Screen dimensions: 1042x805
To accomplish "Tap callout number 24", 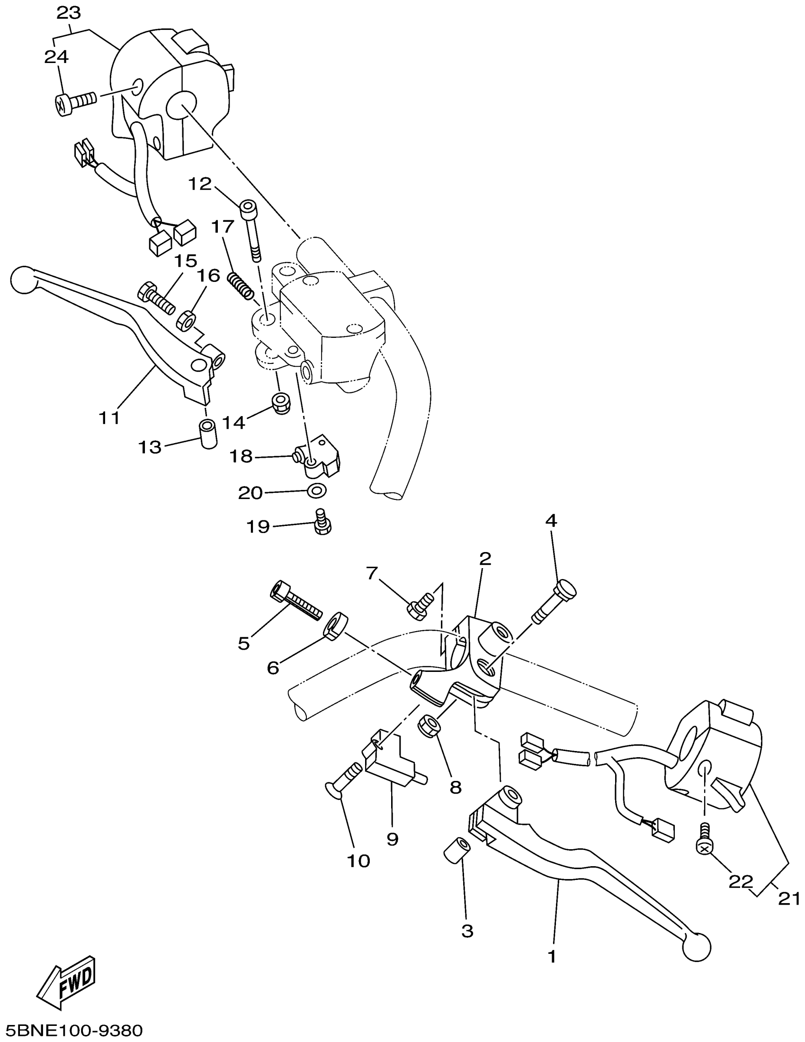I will tap(56, 57).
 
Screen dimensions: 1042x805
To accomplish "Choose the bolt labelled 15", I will tap(156, 299).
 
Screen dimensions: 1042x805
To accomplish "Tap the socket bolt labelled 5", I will tap(295, 602).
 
